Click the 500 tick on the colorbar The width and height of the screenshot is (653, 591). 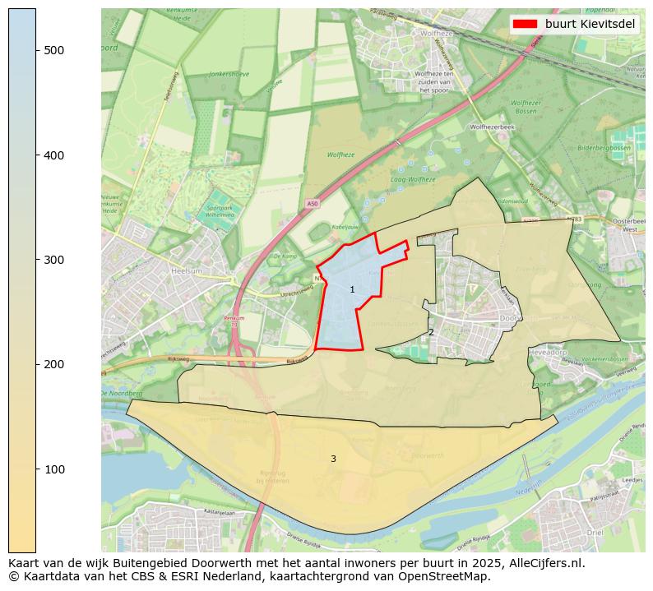[x=36, y=50]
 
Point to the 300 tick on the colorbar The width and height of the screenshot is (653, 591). [x=36, y=260]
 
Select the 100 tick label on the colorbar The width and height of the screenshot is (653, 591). [x=53, y=469]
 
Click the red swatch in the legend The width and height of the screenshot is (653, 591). [x=526, y=24]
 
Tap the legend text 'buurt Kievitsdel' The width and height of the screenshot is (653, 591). [x=590, y=24]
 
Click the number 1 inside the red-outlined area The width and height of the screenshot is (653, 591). [x=352, y=289]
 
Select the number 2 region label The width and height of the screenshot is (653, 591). [x=431, y=332]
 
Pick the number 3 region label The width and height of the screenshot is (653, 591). [x=333, y=459]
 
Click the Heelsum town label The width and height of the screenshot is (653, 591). [x=187, y=270]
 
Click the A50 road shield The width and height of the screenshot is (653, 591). [x=312, y=203]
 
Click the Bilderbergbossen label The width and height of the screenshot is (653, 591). [x=604, y=148]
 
